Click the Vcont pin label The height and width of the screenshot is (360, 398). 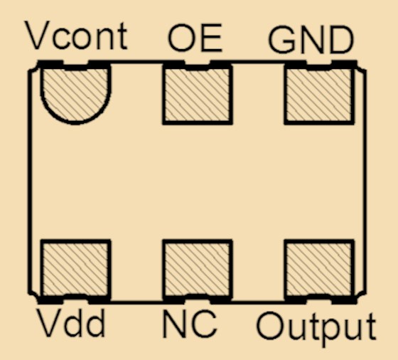76,36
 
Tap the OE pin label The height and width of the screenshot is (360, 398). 195,38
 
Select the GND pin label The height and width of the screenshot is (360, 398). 311,40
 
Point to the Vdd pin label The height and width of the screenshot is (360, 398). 71,323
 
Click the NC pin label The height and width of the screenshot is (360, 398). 190,324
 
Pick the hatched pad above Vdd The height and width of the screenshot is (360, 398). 75,270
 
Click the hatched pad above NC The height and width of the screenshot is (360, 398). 198,270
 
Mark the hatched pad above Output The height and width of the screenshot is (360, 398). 319,270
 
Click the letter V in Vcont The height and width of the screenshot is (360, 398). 37,36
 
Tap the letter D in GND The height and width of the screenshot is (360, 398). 342,40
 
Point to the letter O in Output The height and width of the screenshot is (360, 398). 271,326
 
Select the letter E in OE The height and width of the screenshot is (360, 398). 213,38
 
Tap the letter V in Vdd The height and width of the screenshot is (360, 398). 50,323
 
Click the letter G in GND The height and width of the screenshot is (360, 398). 281,40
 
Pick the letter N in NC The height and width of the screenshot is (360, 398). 175,324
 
